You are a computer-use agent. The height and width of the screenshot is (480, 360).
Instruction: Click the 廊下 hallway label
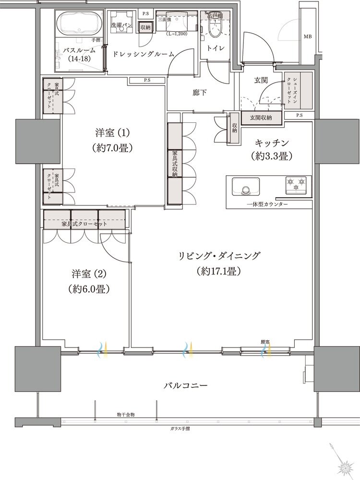(200, 92)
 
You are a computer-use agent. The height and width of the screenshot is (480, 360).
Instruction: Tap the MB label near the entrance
(307, 36)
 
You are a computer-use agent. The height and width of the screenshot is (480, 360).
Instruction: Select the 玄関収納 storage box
(261, 117)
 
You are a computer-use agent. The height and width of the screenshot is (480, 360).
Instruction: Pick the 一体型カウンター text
(268, 204)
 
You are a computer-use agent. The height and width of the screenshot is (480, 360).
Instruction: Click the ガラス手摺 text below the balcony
(180, 428)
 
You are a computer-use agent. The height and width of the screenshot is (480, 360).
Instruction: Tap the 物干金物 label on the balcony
(126, 414)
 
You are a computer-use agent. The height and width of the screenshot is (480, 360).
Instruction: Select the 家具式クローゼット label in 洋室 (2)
(84, 224)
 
